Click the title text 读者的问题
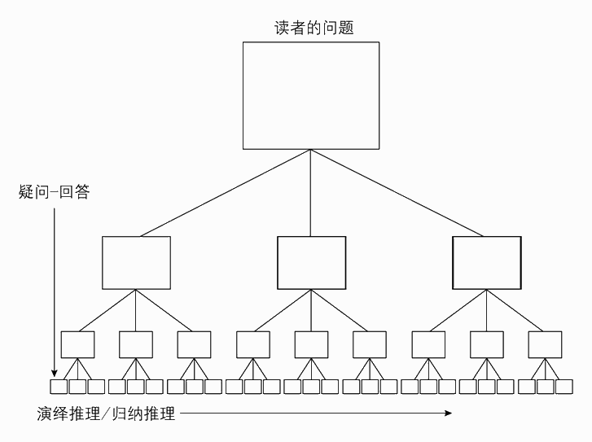(x=313, y=26)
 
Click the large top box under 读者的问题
(x=311, y=95)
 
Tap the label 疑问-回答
(x=54, y=192)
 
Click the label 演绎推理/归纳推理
(x=106, y=414)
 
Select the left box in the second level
(x=136, y=262)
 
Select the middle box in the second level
(x=311, y=262)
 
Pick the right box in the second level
(x=486, y=262)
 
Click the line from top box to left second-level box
(x=224, y=193)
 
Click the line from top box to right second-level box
(x=399, y=193)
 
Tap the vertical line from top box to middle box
(x=311, y=193)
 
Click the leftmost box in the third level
(x=77, y=344)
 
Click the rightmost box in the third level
(x=545, y=344)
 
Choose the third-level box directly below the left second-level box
(x=136, y=344)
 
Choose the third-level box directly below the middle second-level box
(x=311, y=344)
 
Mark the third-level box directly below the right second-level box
(x=486, y=344)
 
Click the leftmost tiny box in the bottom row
(x=58, y=387)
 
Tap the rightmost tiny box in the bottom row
(x=564, y=387)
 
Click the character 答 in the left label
(x=81, y=192)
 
